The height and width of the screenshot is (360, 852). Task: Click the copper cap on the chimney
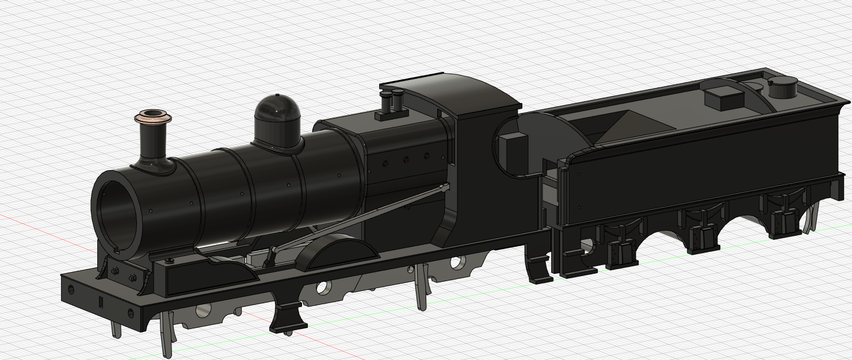[153, 117]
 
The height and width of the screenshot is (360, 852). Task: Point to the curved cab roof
[460, 92]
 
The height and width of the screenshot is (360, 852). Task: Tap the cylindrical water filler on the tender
[783, 89]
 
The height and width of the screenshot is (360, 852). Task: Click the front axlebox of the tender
[619, 251]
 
